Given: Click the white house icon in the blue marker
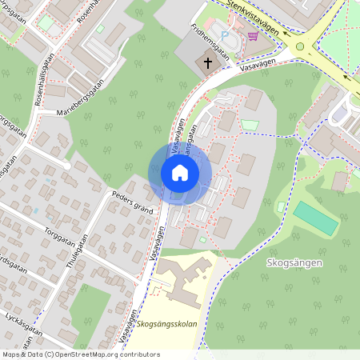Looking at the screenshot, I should tap(179, 172).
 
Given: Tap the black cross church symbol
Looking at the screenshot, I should tap(207, 62).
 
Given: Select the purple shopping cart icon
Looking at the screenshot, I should tap(254, 36).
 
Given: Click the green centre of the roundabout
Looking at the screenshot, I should tap(300, 46).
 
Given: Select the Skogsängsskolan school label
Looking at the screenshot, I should tap(166, 324).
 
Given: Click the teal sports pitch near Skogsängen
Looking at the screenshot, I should tap(316, 218).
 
